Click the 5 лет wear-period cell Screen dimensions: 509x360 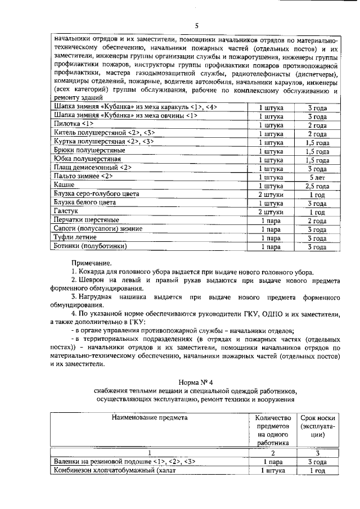[317, 177]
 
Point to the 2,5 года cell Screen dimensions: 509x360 [317, 186]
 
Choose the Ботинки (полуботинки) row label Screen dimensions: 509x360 [90, 246]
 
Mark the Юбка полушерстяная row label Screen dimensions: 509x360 [87, 160]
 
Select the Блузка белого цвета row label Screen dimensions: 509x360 [85, 202]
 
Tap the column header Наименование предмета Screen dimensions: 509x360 [149, 418]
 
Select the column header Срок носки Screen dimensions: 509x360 [318, 418]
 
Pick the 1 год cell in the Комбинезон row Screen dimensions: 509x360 [318, 471]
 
